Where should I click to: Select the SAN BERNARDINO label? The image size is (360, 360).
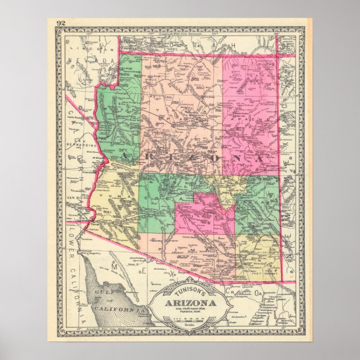[x=86, y=143]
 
